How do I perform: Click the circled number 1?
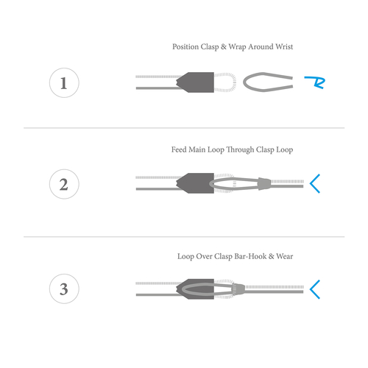(x=64, y=83)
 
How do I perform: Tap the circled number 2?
(x=64, y=184)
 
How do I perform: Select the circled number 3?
(x=64, y=289)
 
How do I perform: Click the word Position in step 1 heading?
(x=185, y=46)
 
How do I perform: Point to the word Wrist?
(x=284, y=46)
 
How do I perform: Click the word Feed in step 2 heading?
(x=179, y=149)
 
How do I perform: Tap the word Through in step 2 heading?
(x=240, y=149)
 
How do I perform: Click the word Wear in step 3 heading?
(x=285, y=256)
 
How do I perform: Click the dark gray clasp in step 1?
(x=197, y=82)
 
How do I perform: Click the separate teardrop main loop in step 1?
(x=244, y=82)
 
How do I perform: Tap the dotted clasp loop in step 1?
(x=234, y=82)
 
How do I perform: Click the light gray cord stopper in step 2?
(x=264, y=183)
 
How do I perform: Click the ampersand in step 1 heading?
(x=223, y=46)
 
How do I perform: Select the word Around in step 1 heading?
(x=261, y=46)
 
